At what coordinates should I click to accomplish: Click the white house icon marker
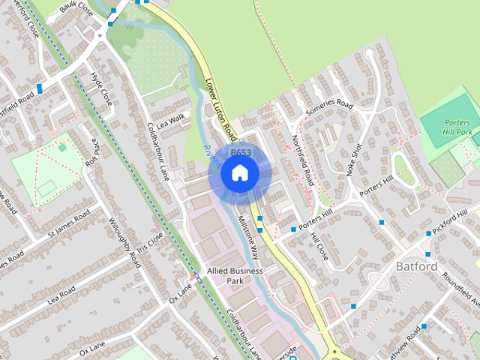[239, 173]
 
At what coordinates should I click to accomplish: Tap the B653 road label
[240, 153]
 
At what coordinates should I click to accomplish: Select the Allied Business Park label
[235, 275]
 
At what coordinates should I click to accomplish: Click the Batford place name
[416, 266]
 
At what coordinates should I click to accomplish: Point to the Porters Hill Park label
[457, 127]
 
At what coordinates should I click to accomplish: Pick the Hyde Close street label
[100, 88]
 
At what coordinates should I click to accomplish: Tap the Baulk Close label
[78, 10]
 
